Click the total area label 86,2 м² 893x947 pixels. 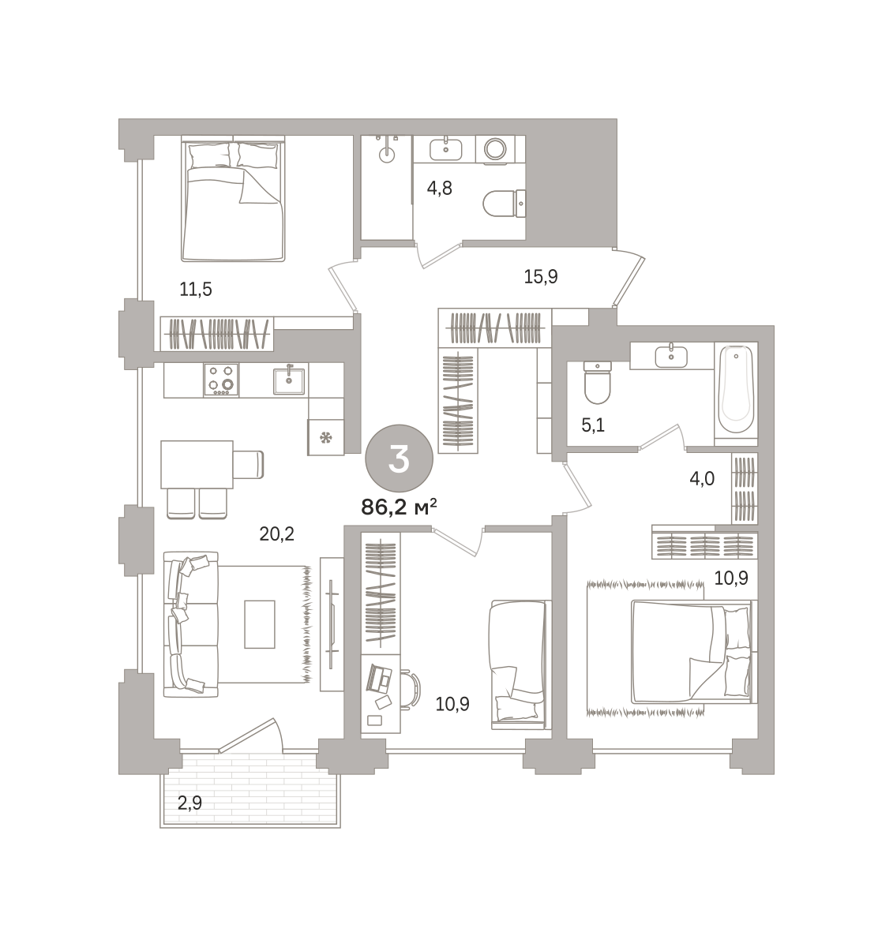pos(399,507)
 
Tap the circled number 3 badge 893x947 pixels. pos(399,459)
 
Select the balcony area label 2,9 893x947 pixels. pos(189,803)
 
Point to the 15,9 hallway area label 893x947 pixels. pos(541,276)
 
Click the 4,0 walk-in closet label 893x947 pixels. pos(702,477)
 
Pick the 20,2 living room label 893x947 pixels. pos(277,534)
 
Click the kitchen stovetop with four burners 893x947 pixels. pos(221,380)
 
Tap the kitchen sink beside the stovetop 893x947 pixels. pos(288,381)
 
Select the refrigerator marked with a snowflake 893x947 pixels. pos(326,436)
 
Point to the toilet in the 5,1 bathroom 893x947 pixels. pos(598,383)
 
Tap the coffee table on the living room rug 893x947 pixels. pos(260,624)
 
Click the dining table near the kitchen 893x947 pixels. pos(197,465)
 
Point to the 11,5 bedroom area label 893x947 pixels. pos(196,289)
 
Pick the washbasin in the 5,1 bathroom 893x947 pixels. pos(671,356)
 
